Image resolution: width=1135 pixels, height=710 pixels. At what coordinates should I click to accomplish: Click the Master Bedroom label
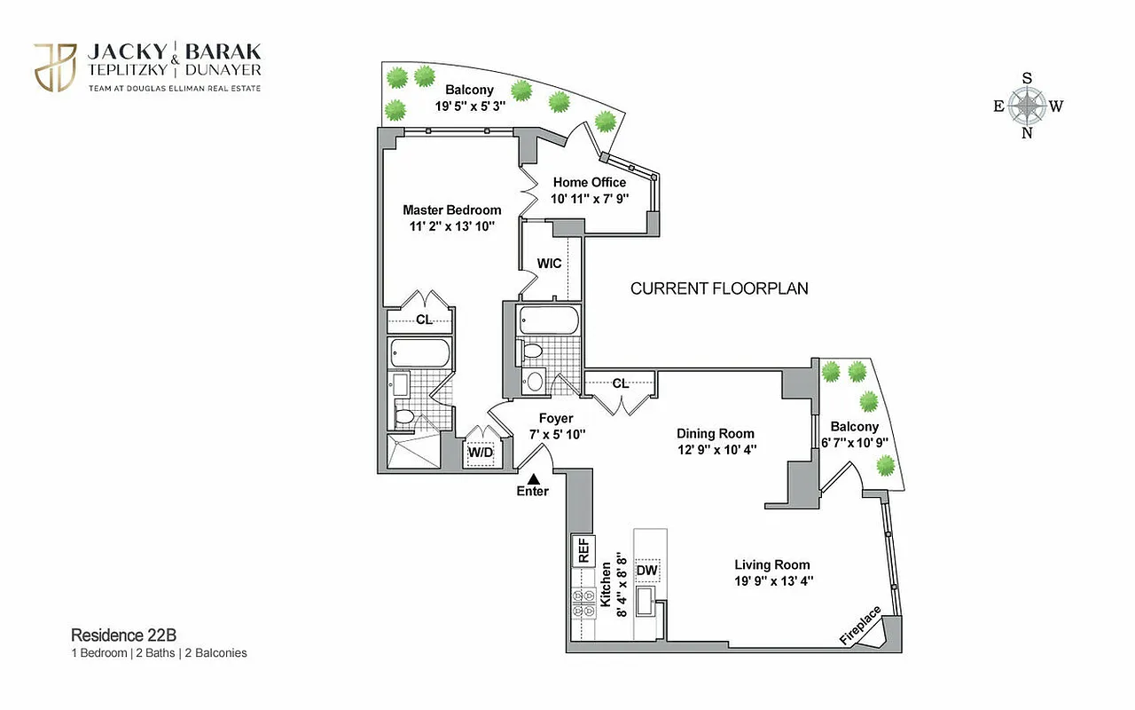coord(451,210)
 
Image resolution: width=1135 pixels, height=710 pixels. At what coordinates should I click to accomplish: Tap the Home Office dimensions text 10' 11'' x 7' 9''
coord(590,198)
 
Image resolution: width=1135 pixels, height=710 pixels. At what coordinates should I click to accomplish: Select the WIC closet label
coord(549,264)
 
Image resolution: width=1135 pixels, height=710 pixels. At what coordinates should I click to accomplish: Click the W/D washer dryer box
coord(480,453)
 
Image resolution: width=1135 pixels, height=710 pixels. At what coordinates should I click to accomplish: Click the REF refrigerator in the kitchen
coord(584,552)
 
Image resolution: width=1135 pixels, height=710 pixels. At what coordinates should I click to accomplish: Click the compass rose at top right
coord(1027,106)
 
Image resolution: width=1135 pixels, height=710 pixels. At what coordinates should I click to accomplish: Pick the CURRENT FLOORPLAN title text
coord(718,288)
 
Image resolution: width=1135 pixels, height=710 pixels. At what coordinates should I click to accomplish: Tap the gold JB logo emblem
coord(54,67)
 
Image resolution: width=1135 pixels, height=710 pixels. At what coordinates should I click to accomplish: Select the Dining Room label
coord(715,434)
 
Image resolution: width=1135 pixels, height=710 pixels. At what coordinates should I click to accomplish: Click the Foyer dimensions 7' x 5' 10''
coord(556,434)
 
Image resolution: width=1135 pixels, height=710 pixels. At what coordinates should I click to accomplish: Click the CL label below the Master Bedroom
coord(424,319)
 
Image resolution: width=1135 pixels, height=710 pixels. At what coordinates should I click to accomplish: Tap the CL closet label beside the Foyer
coord(620,383)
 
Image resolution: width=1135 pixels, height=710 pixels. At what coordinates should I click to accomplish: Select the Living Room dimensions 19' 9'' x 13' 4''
coord(771,580)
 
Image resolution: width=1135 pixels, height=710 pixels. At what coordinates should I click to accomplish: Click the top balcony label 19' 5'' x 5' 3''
coord(469,106)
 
